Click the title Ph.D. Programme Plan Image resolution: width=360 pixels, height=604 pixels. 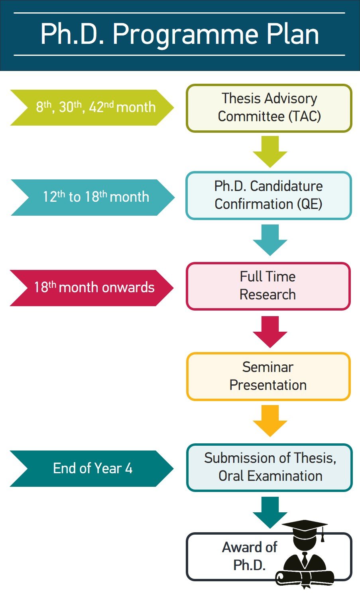coord(179,34)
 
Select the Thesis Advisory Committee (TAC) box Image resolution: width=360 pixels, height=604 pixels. coord(269,108)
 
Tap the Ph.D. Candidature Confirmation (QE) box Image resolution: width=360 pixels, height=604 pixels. coord(268,195)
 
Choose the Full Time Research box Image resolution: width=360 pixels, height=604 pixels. coord(268,286)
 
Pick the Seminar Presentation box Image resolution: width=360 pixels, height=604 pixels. coord(268,376)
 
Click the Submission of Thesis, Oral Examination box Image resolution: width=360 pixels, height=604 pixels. coord(270,467)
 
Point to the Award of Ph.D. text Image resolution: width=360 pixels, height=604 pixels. coord(249,556)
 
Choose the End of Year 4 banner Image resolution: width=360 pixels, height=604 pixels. coord(92,468)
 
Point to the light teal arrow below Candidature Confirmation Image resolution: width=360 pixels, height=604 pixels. coord(270,239)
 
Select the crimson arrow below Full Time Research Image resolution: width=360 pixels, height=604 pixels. coord(270,331)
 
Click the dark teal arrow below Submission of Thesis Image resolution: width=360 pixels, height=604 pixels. coord(270,512)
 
